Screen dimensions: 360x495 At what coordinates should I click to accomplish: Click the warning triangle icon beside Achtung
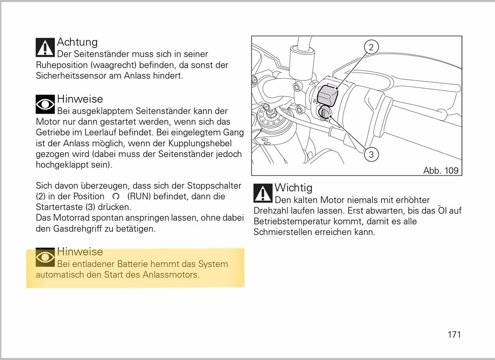[x=46, y=47]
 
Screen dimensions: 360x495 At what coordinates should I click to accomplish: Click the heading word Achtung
[x=77, y=42]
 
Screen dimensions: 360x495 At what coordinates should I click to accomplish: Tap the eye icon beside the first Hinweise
[x=46, y=104]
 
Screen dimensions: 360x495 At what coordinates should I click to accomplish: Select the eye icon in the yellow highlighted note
[x=46, y=257]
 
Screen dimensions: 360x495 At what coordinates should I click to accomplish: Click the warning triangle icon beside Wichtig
[x=263, y=193]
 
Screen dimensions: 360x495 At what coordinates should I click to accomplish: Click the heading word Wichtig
[x=293, y=188]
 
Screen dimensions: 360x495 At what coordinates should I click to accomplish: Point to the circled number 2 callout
[x=371, y=47]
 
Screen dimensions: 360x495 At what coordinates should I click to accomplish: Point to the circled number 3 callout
[x=371, y=154]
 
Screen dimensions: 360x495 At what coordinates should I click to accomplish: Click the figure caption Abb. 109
[x=441, y=171]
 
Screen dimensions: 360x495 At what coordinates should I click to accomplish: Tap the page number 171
[x=454, y=335]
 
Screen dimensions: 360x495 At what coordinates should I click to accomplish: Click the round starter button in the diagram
[x=326, y=113]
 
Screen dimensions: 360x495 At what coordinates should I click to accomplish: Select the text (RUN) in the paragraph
[x=141, y=196]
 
